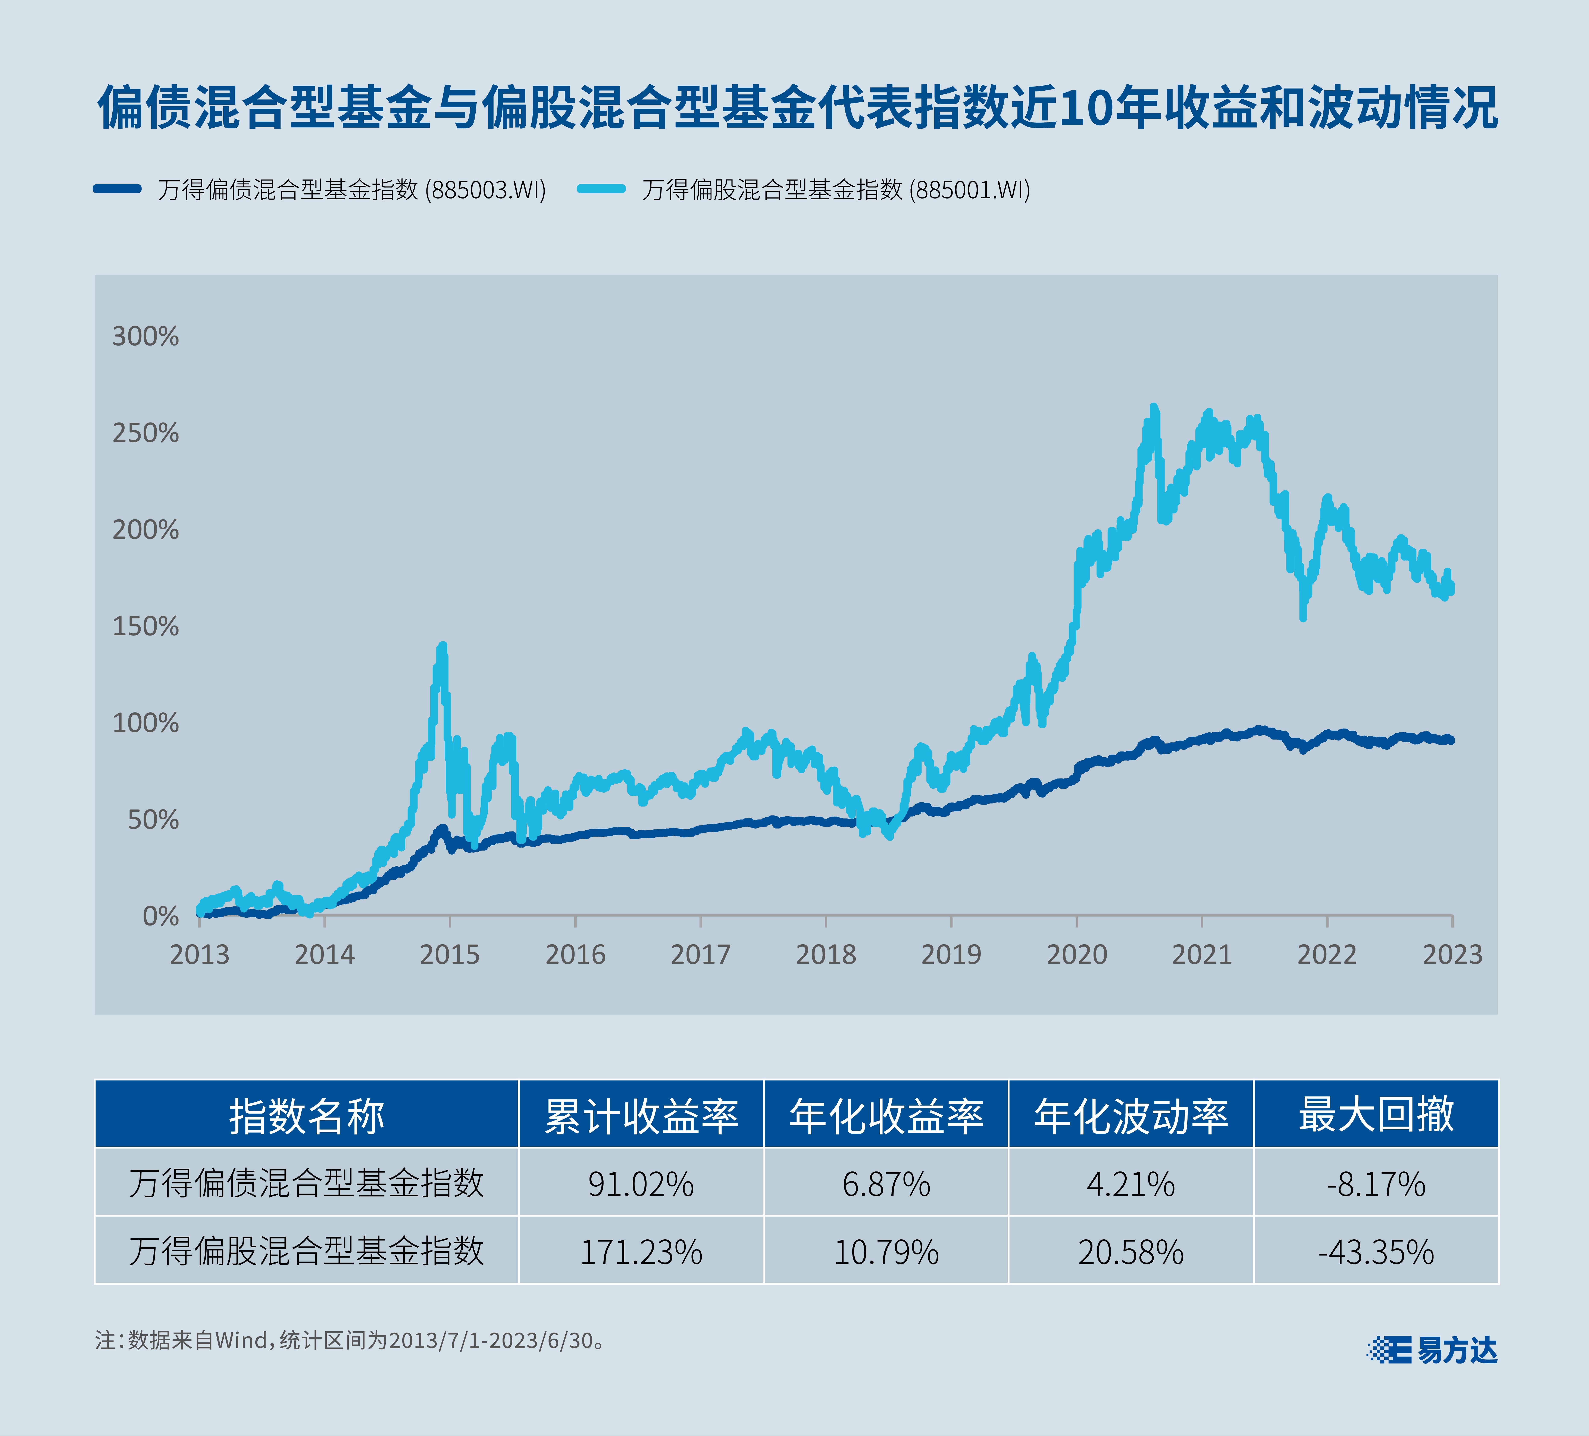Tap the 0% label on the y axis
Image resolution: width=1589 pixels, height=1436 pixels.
coord(161,916)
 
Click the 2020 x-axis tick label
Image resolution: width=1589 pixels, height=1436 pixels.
coord(1077,954)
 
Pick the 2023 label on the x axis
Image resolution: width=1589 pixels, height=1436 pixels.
coord(1452,954)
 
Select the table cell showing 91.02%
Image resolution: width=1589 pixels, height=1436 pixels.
coord(641,1184)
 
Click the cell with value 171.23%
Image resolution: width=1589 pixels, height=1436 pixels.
coord(641,1252)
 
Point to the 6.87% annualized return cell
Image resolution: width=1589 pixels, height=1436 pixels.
coord(886,1184)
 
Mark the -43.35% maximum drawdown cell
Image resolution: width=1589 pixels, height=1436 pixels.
coord(1375,1252)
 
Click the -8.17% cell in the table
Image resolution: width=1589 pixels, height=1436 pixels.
coord(1375,1184)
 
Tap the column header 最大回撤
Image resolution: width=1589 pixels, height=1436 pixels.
coord(1375,1114)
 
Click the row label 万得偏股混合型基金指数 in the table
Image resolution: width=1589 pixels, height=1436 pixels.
coord(306,1252)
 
